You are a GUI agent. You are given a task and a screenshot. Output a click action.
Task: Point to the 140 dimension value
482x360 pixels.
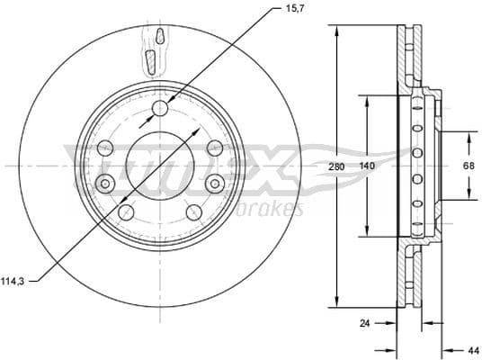[367, 166]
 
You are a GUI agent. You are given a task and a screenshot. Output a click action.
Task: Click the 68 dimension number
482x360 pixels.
[468, 166]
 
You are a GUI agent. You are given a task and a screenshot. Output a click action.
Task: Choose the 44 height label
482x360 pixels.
[472, 349]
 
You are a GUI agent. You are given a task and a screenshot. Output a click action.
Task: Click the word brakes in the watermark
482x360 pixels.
[271, 209]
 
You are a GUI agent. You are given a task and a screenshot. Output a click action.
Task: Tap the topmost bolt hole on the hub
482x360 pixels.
[160, 109]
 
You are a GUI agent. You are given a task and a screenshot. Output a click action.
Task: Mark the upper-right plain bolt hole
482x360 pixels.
[214, 148]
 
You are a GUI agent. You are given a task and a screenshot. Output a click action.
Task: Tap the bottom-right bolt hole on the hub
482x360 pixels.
[193, 212]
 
